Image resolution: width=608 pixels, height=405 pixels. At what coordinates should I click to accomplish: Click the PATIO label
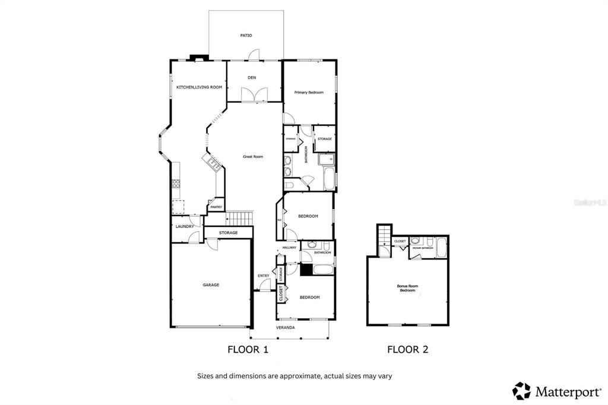coord(246,36)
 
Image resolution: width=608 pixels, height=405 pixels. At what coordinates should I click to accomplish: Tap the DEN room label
coord(252,78)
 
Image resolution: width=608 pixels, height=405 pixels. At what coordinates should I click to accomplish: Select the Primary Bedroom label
coord(309,92)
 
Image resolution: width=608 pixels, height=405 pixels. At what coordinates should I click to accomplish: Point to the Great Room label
coord(253,157)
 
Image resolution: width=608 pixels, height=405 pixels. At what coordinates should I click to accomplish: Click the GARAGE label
coord(211,285)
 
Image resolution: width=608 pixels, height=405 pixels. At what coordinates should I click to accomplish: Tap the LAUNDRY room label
coord(184,226)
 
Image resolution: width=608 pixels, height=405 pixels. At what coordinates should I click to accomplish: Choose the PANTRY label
coord(216,207)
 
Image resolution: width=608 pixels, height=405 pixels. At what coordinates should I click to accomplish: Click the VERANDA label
coord(285,327)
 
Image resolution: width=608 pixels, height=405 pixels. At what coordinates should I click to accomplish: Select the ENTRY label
coord(263,276)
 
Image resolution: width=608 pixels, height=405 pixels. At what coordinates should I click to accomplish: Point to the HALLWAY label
coord(289,248)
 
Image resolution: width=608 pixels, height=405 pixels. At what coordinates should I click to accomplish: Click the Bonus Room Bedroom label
coord(407,288)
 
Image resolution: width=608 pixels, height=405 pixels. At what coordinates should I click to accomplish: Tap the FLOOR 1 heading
coord(248,350)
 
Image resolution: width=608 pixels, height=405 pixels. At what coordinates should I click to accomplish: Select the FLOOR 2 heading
coord(407,350)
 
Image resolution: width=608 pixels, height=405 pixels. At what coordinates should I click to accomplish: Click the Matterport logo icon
coord(522,391)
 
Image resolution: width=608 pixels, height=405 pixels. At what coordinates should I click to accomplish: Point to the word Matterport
coord(568,391)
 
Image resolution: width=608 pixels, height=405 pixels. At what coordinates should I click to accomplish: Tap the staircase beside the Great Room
coord(241,217)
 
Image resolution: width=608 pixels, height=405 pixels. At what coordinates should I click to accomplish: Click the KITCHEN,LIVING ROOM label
coord(199,87)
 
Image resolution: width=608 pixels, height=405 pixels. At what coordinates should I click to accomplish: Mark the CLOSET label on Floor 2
coord(400,241)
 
